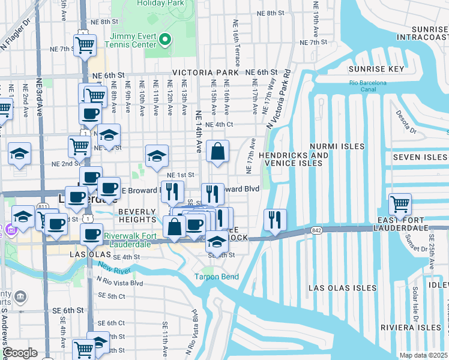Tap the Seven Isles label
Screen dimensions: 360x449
tap(420, 157)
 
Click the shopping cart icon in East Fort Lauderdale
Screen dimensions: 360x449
tap(400, 205)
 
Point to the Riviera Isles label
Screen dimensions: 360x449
tap(411, 327)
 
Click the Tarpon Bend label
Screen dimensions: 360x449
tap(216, 277)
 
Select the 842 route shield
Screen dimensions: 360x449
tap(317, 230)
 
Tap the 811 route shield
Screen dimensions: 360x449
tap(43, 206)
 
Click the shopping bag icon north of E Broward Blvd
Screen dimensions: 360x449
tap(218, 153)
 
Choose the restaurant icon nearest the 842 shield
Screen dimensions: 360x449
tap(275, 220)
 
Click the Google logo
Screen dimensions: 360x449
tap(20, 353)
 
